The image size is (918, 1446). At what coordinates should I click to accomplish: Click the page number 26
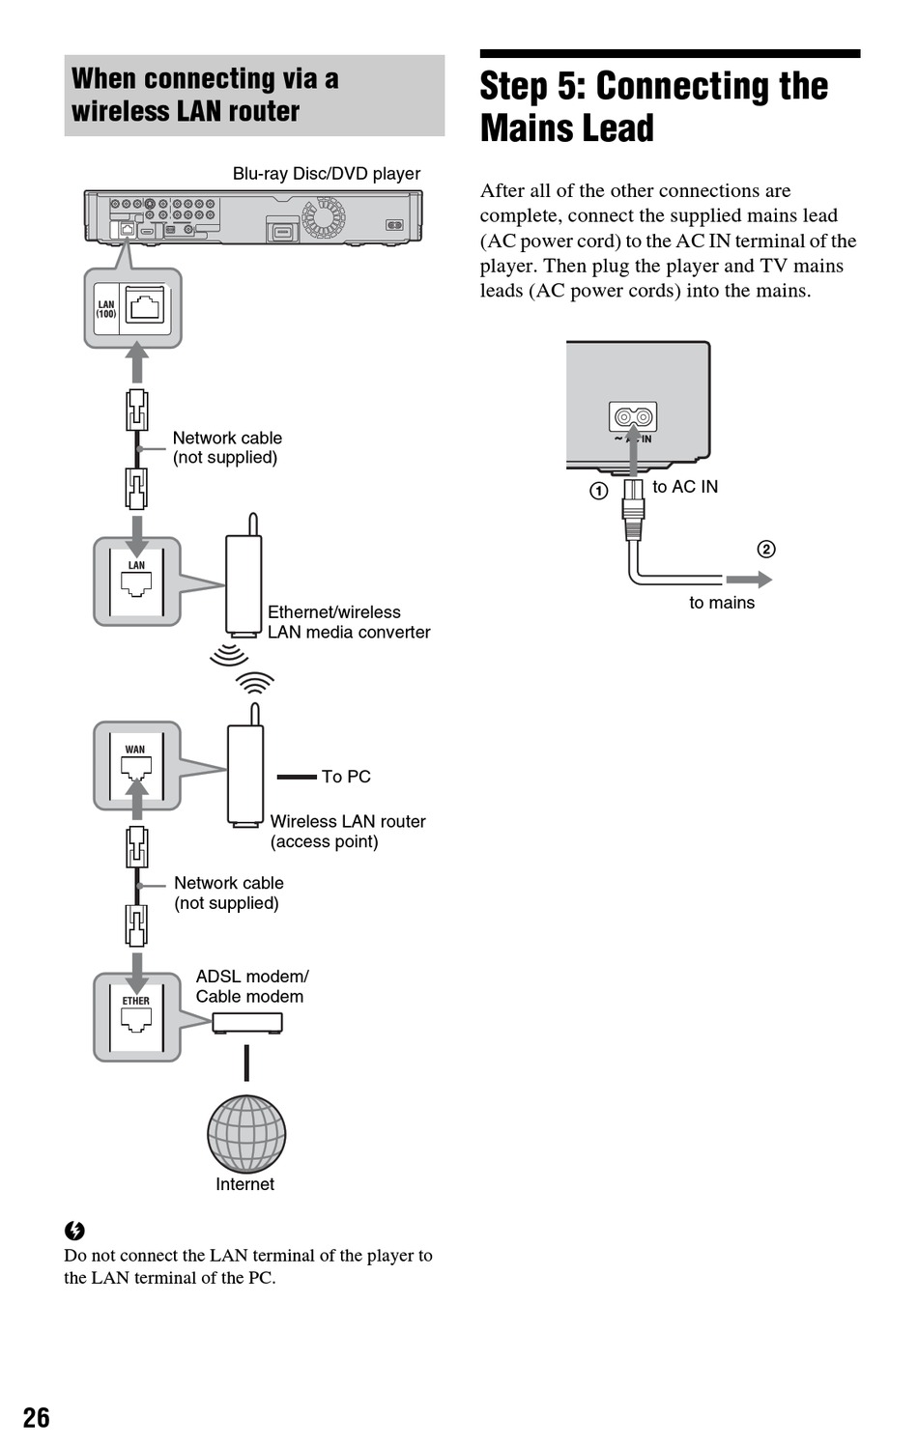(36, 1417)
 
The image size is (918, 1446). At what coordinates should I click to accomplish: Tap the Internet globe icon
(246, 1134)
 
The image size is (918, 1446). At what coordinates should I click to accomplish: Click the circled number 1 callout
(599, 491)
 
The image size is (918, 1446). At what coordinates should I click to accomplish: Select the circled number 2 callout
(766, 549)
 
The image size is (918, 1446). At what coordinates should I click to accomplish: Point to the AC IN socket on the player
(633, 417)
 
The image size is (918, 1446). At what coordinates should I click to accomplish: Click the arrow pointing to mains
(749, 580)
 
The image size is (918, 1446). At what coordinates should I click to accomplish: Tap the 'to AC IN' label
(685, 487)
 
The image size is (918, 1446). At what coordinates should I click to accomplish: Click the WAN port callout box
(137, 766)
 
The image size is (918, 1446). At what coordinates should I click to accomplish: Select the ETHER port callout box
(137, 1017)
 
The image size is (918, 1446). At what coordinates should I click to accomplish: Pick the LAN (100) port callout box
(133, 308)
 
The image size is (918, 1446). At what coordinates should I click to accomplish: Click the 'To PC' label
(346, 777)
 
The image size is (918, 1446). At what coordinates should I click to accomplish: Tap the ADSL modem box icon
(247, 1022)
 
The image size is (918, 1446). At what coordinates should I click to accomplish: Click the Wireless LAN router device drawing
(245, 773)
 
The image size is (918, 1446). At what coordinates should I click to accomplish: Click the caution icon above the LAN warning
(74, 1231)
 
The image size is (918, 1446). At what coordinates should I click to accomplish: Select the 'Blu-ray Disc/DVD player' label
(327, 174)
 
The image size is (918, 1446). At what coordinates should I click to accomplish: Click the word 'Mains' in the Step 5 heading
(567, 128)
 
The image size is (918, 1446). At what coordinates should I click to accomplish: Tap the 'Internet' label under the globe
(244, 1184)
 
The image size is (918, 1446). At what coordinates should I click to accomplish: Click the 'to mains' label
(722, 603)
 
